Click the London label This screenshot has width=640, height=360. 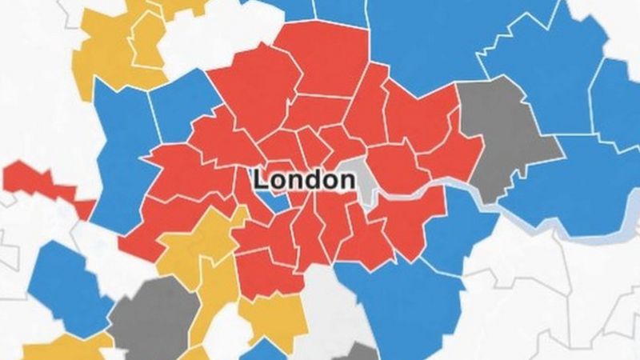coord(304,180)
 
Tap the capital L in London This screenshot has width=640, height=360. coord(261,180)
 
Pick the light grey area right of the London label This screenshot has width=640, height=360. coord(366,186)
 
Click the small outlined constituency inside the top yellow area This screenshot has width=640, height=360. coord(148,40)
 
